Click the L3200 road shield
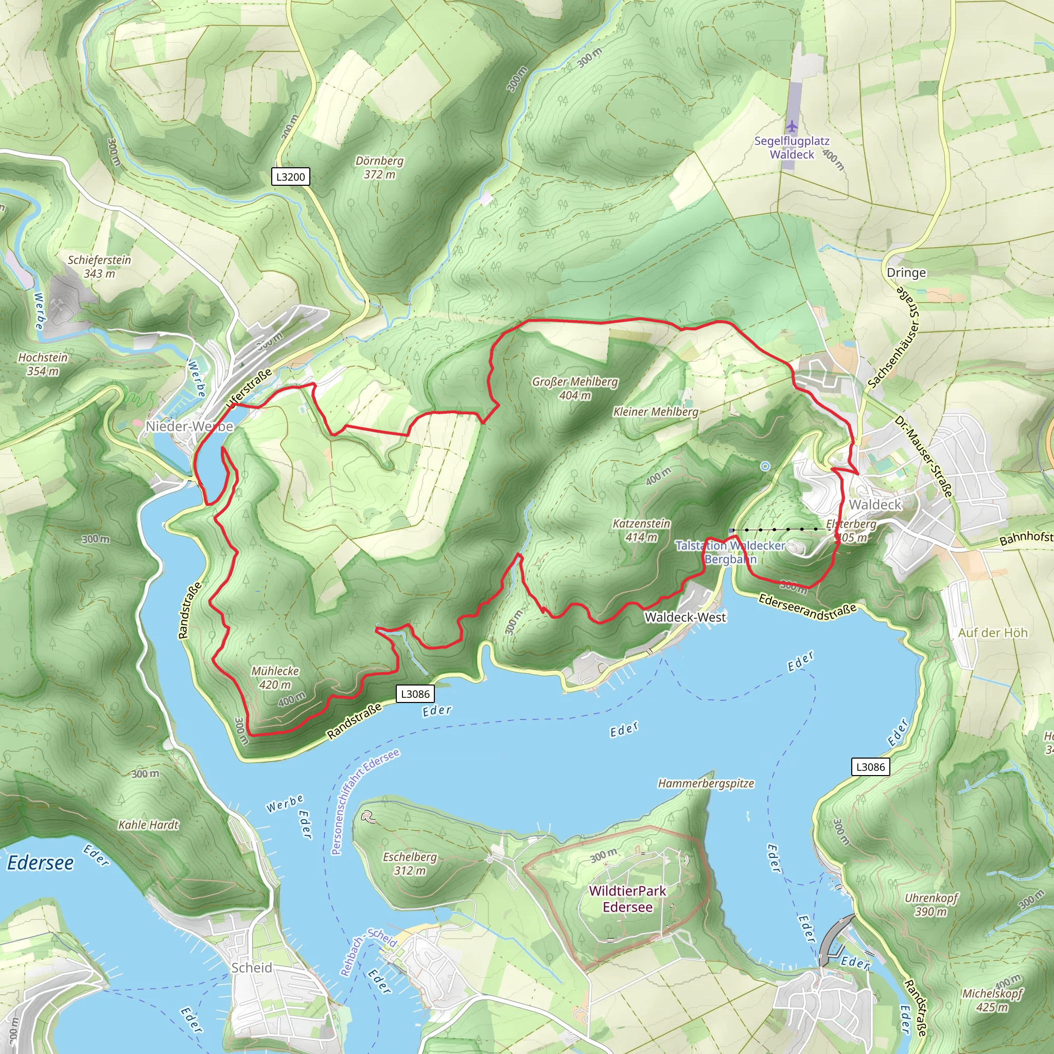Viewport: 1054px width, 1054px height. click(290, 177)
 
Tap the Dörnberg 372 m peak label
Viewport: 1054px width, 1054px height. click(379, 167)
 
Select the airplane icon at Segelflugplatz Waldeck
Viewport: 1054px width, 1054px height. click(792, 127)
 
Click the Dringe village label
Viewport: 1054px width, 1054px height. click(906, 272)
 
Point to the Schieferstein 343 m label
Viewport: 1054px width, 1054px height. click(99, 266)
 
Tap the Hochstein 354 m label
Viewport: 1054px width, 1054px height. click(43, 364)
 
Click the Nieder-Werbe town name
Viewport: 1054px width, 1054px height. click(189, 426)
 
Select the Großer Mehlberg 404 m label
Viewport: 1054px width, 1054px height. click(575, 388)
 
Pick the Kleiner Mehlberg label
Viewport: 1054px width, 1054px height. click(655, 412)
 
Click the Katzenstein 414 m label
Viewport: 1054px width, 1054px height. click(641, 530)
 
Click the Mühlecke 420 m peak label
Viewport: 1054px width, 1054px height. click(275, 678)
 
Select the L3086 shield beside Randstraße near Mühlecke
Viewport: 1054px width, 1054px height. click(415, 694)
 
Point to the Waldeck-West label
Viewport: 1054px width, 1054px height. click(685, 617)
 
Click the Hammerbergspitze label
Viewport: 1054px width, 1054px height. click(706, 783)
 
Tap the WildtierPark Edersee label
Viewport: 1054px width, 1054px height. click(627, 899)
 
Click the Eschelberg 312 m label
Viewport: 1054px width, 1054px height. click(410, 863)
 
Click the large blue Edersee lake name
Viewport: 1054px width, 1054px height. click(40, 863)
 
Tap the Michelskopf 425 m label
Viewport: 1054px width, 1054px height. click(992, 1000)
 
